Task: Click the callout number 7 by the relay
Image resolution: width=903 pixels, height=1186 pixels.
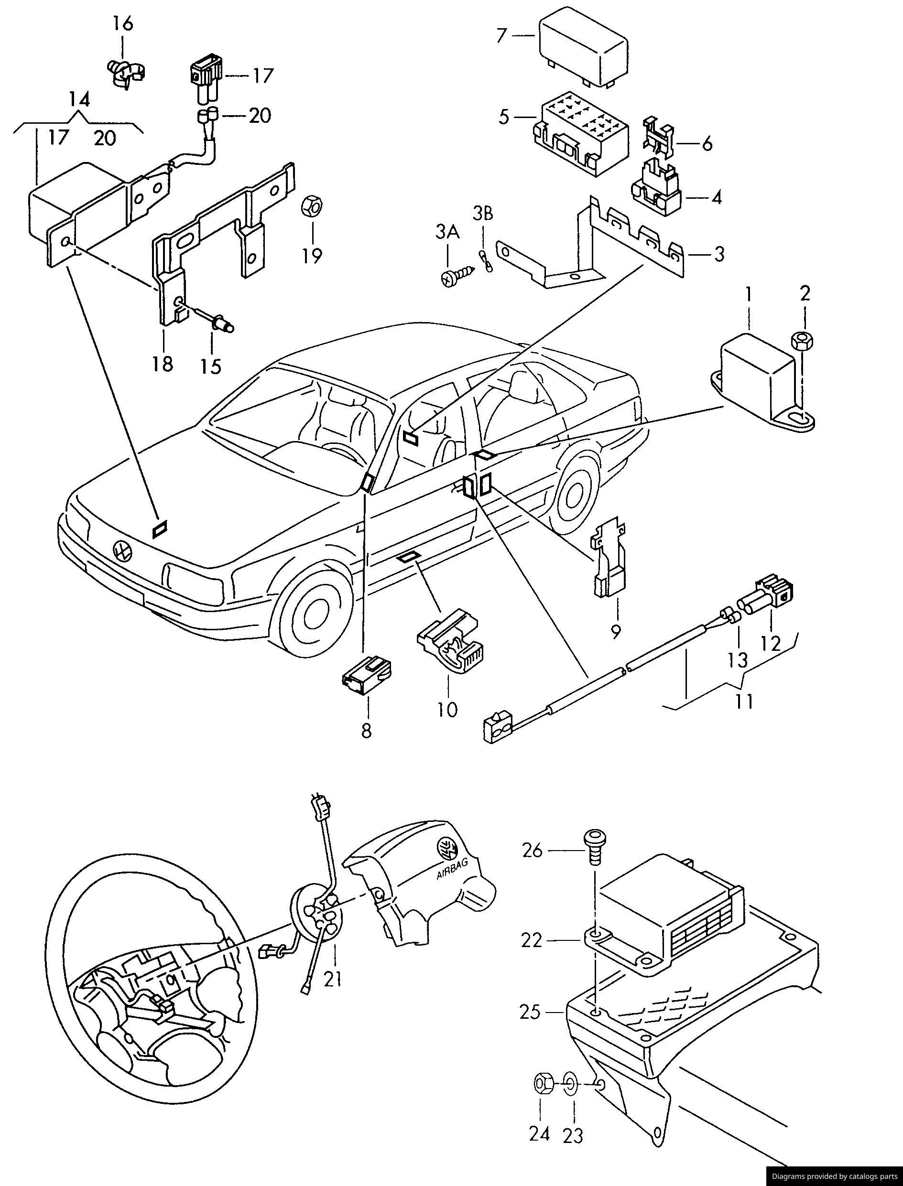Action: coord(501,35)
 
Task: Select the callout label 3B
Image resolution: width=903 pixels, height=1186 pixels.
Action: coord(483,213)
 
